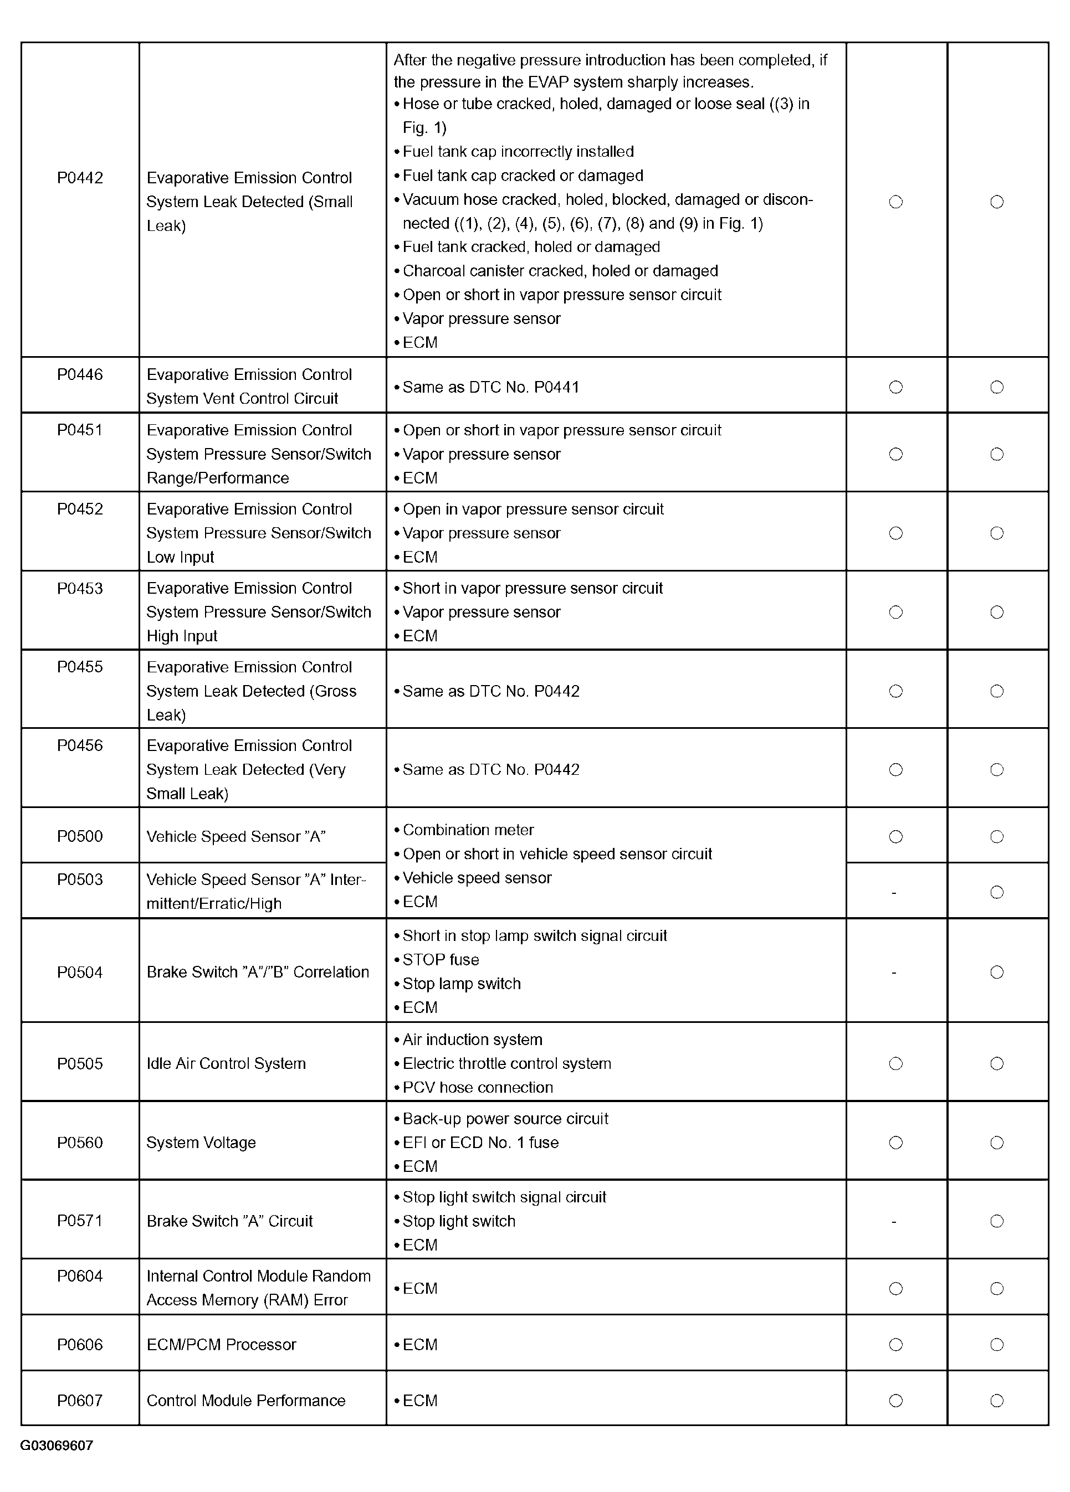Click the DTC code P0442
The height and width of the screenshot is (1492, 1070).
(80, 178)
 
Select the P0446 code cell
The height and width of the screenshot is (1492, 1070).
(80, 375)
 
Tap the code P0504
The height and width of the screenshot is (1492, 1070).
(80, 973)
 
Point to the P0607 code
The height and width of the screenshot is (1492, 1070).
(80, 1401)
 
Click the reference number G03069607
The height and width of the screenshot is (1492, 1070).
(57, 1445)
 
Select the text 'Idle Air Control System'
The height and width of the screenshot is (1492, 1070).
(226, 1064)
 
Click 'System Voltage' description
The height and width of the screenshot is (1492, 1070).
(201, 1143)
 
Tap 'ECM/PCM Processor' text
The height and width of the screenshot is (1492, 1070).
(221, 1345)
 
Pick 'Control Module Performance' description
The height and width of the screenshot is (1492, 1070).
(245, 1401)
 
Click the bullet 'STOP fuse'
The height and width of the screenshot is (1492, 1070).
(440, 960)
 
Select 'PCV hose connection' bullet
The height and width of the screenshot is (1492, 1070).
(477, 1087)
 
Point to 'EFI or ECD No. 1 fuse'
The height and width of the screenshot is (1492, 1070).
(480, 1143)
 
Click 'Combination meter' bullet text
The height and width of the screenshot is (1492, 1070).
(468, 830)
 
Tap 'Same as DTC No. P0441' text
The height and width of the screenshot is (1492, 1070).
(490, 388)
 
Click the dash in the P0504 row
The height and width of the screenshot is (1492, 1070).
(894, 973)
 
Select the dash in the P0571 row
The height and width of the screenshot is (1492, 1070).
(894, 1222)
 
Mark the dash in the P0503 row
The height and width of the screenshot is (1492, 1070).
(894, 893)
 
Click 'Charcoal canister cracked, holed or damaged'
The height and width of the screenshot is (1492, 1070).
(560, 271)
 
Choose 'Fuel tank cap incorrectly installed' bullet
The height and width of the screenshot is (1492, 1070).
(518, 152)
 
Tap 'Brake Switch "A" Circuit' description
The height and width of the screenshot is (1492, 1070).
(229, 1222)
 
